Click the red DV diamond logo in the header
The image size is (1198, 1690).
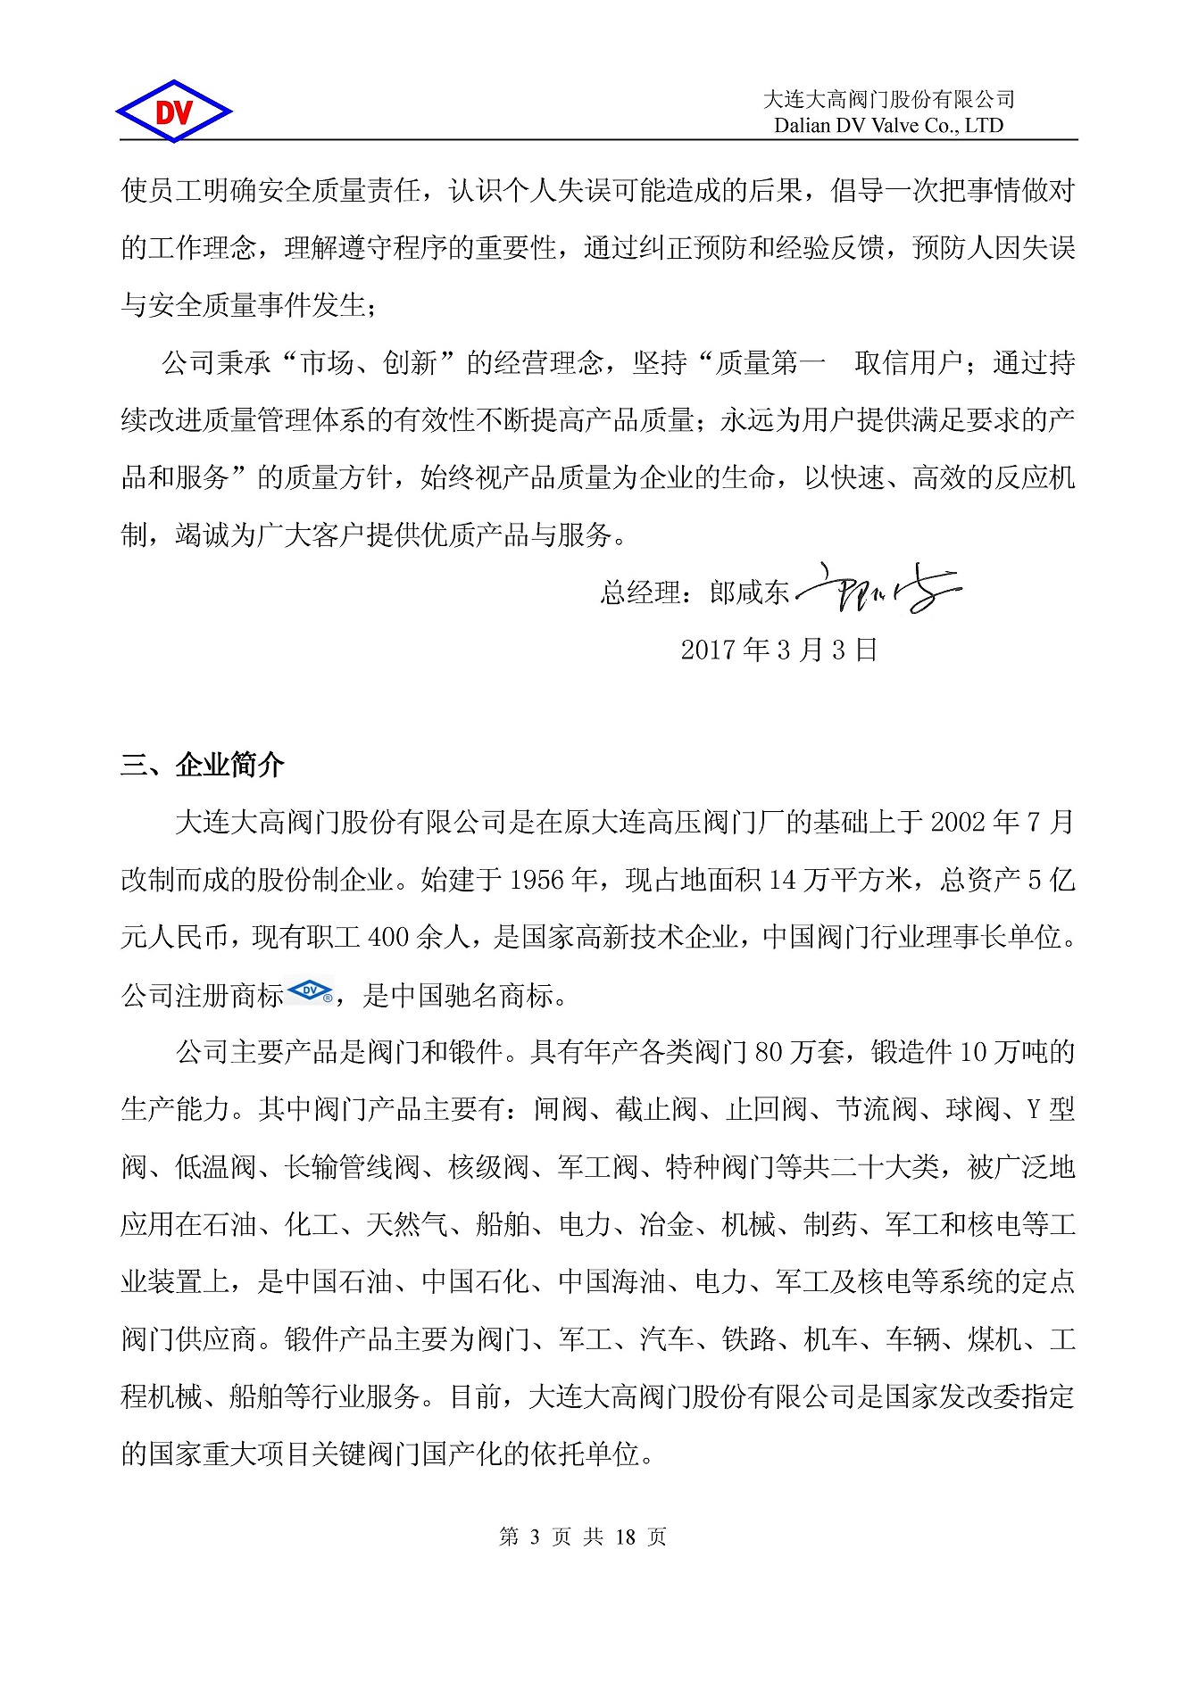pos(174,112)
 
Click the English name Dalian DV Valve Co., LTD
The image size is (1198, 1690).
pos(888,126)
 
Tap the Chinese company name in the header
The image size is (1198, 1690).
pos(889,99)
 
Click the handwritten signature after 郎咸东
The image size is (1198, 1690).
pos(878,590)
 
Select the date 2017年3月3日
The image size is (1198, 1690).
pos(778,650)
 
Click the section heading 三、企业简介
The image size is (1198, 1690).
pos(203,765)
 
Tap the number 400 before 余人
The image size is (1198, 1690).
pos(388,937)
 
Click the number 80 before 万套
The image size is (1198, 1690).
pos(769,1052)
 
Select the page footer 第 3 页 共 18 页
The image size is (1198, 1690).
pos(583,1537)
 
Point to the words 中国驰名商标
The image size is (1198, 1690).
pos(471,995)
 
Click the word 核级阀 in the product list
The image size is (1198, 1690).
pos(489,1167)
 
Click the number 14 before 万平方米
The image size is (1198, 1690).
pos(782,880)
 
